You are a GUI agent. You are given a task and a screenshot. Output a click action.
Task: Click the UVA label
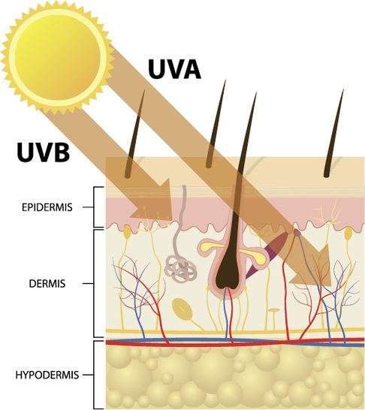(x=174, y=69)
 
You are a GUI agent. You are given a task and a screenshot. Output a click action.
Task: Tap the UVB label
(x=44, y=152)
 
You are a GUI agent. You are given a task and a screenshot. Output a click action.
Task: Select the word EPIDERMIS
(x=47, y=207)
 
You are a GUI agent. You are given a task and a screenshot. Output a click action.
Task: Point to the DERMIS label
(x=47, y=284)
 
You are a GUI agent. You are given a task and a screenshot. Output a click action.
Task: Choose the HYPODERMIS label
(x=47, y=375)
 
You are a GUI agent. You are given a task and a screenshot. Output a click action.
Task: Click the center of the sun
(x=58, y=58)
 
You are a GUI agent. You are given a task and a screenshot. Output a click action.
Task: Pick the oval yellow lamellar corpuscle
(x=182, y=310)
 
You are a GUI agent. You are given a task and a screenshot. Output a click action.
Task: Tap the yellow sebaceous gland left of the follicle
(x=210, y=246)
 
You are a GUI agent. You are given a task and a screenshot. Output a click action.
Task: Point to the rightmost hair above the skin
(x=334, y=134)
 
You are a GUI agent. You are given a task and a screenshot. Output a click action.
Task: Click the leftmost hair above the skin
(x=135, y=134)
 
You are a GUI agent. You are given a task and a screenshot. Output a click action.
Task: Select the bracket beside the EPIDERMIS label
(x=94, y=207)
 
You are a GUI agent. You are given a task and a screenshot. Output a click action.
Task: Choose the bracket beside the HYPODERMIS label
(x=94, y=375)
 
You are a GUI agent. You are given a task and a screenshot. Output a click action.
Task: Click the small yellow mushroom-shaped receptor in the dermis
(x=274, y=311)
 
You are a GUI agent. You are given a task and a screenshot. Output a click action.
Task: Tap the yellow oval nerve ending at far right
(x=348, y=234)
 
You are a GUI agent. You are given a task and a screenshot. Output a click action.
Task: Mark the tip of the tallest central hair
(x=256, y=92)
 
